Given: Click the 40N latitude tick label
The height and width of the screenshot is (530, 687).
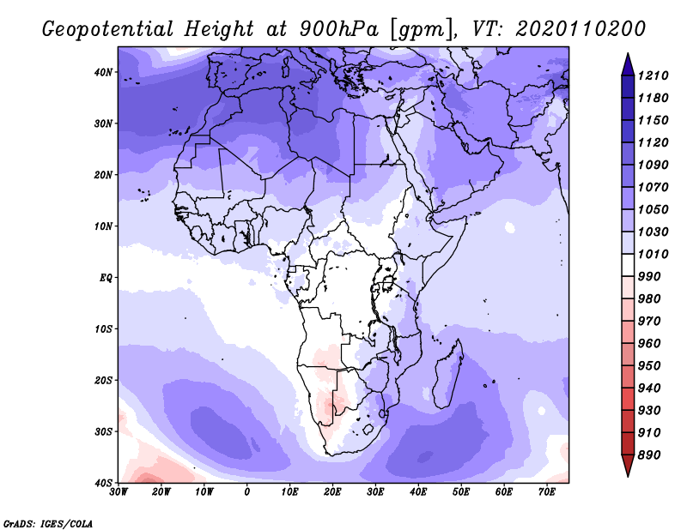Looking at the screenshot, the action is tap(103, 72).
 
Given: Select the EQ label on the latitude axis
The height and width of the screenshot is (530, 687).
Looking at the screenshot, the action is tap(106, 278).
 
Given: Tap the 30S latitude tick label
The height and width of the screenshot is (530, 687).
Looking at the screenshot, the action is tap(103, 432).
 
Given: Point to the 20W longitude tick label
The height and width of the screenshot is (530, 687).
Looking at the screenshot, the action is tap(161, 492).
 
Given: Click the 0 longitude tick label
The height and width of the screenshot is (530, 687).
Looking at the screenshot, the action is tap(246, 492).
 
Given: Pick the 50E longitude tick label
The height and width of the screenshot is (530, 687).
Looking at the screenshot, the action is tap(461, 492).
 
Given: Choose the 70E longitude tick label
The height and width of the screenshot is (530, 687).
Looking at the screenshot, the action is tap(547, 492).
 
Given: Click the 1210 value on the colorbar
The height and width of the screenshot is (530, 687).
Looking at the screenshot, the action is tap(653, 75).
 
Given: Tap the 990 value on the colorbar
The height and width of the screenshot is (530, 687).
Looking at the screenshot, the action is tap(649, 277).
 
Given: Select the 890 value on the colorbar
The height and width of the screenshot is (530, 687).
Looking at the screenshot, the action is tap(649, 455).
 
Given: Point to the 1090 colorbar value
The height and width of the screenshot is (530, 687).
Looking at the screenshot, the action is tap(653, 165).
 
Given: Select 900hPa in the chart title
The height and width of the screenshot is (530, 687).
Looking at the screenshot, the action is tap(338, 29).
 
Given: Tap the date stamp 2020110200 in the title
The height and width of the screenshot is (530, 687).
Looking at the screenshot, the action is tap(581, 29).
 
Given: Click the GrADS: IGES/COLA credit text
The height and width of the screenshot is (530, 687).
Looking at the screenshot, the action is tap(48, 523).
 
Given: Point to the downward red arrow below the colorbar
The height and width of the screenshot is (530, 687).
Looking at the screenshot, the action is tap(628, 465).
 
